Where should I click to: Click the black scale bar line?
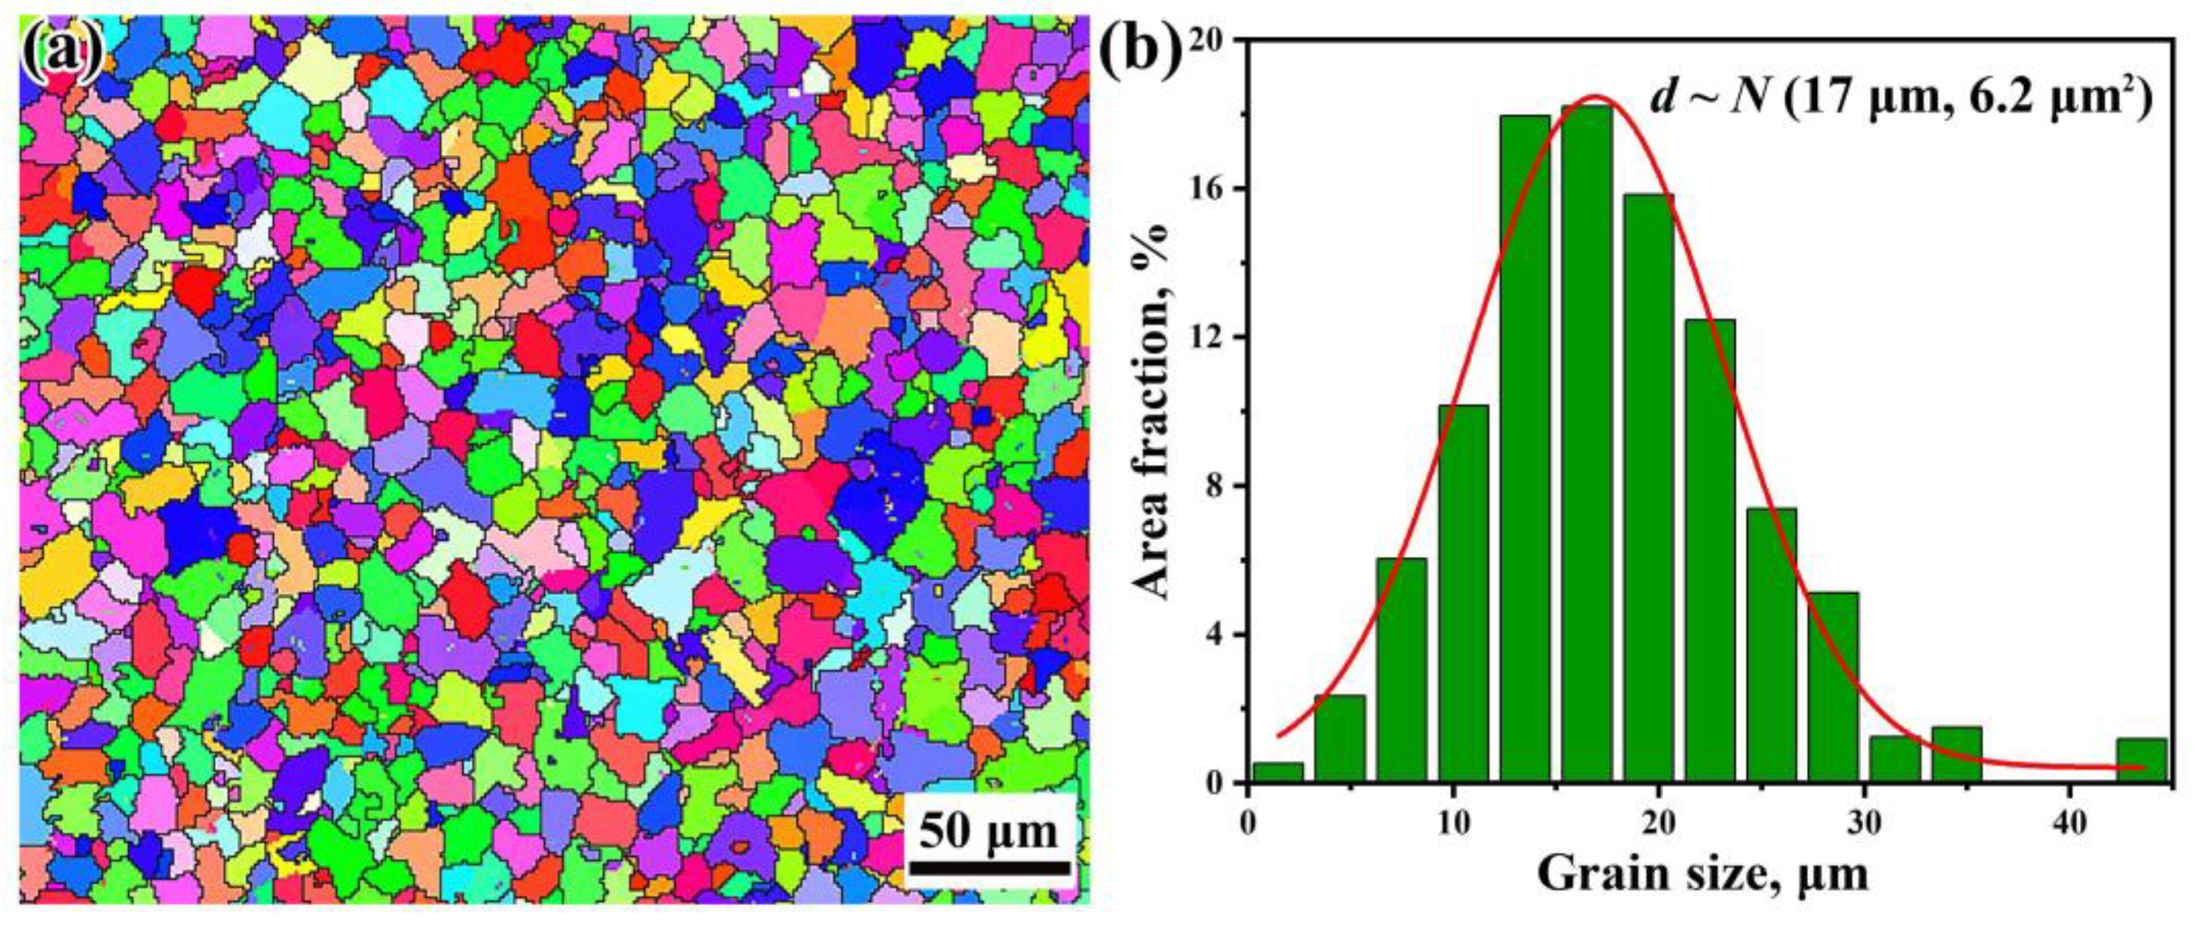[x=988, y=868]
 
